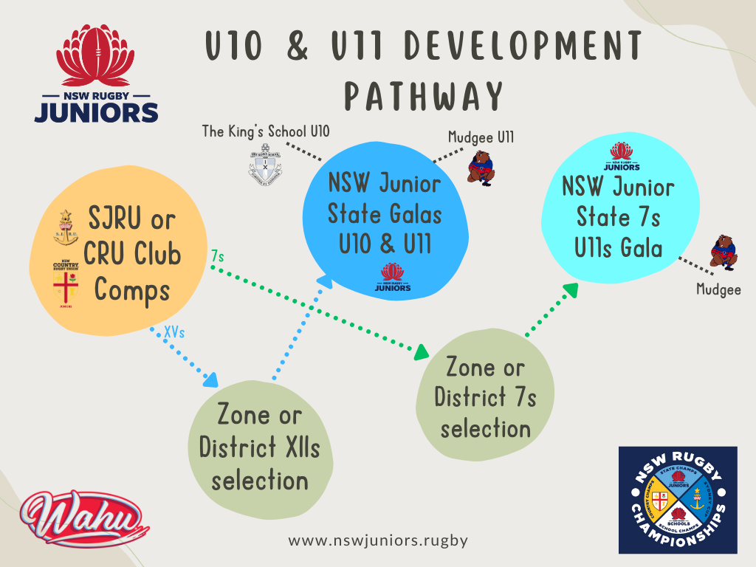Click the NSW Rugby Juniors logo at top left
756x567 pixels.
tap(97, 75)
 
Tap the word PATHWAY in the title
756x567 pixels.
tap(425, 96)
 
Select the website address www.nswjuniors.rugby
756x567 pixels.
tap(378, 540)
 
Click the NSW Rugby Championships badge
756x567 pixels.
tap(678, 500)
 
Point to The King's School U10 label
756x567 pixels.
tap(267, 131)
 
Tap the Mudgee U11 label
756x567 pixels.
tap(481, 137)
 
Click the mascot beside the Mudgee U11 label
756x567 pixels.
tap(481, 168)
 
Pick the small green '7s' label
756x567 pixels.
tap(218, 255)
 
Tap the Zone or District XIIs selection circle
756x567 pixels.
tap(258, 447)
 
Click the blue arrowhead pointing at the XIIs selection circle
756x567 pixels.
tap(212, 380)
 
